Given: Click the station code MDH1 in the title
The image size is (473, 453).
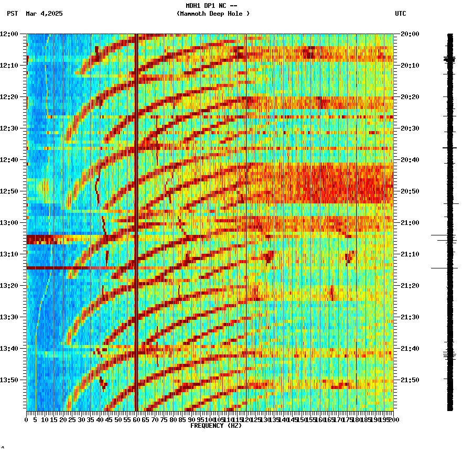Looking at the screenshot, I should click(193, 6).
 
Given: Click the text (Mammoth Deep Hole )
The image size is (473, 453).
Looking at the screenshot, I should click(213, 14).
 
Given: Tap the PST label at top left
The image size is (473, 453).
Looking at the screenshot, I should click(13, 14).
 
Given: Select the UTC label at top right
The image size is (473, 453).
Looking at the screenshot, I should click(400, 14).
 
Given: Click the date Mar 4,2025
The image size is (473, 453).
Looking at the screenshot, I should click(44, 14).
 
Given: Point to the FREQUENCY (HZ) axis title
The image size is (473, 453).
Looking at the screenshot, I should click(216, 426).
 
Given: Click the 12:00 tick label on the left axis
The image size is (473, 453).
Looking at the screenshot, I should click(9, 34).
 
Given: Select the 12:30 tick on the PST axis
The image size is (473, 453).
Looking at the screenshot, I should click(9, 128).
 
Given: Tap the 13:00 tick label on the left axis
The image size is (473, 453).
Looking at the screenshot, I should click(9, 223).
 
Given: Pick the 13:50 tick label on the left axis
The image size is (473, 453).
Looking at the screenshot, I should click(9, 380).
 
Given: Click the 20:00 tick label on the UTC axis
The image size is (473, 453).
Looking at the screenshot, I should click(410, 34).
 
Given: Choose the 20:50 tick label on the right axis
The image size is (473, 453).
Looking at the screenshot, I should click(410, 191).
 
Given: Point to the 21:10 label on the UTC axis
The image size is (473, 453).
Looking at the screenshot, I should click(410, 254).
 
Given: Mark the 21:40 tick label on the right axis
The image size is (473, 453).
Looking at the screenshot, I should click(410, 349).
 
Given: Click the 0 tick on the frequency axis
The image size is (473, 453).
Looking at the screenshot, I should click(27, 420).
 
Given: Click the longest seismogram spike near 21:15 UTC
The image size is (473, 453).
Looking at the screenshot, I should click(444, 268).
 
